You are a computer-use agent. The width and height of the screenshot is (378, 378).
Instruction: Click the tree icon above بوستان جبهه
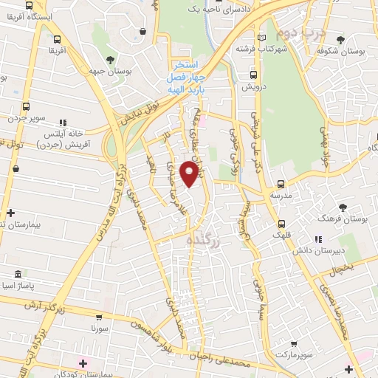click(110, 60)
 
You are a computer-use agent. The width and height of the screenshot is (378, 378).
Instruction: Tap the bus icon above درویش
click(253, 75)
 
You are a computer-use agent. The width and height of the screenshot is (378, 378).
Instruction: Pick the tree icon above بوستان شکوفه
click(340, 40)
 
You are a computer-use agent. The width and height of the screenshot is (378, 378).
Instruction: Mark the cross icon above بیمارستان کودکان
click(83, 362)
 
